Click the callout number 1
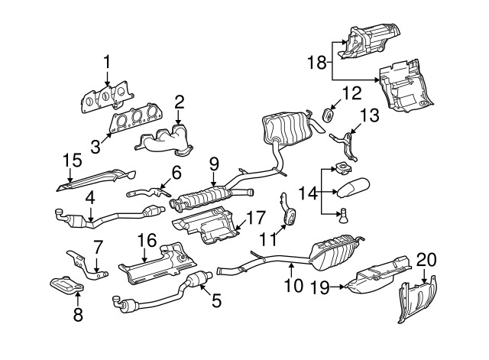coord(107,61)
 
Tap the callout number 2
coord(179,102)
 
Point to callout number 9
coord(214,162)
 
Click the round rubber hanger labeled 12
coord(327,115)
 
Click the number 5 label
coord(216,300)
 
